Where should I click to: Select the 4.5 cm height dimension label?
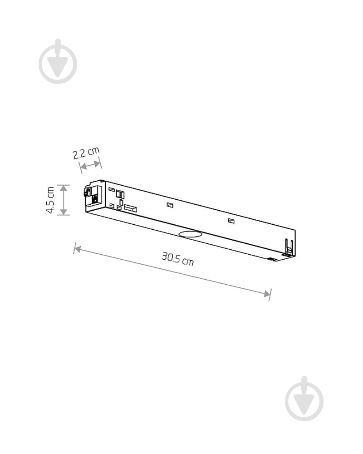click(x=50, y=200)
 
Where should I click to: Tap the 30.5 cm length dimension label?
click(x=178, y=258)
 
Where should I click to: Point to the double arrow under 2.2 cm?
click(x=91, y=165)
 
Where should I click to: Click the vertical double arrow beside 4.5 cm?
click(x=64, y=200)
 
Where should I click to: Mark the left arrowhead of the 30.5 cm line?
click(x=78, y=249)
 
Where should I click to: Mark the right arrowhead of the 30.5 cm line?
click(x=267, y=294)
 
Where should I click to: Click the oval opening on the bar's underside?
click(x=190, y=234)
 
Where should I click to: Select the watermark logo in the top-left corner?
click(x=58, y=61)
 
